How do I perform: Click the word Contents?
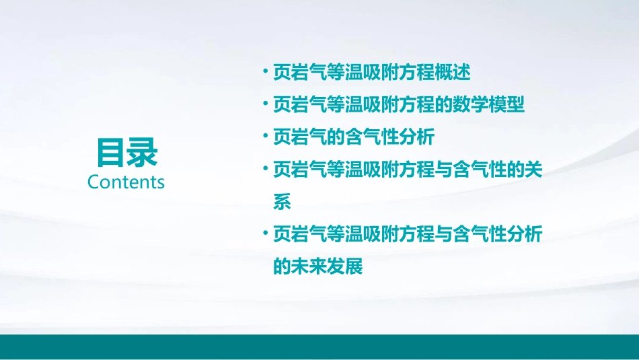pyautogui.click(x=126, y=182)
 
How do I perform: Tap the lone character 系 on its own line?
pyautogui.click(x=282, y=202)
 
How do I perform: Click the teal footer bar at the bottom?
pyautogui.click(x=319, y=346)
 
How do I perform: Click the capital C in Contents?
pyautogui.click(x=93, y=182)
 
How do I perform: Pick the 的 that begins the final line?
pyautogui.click(x=282, y=266)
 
